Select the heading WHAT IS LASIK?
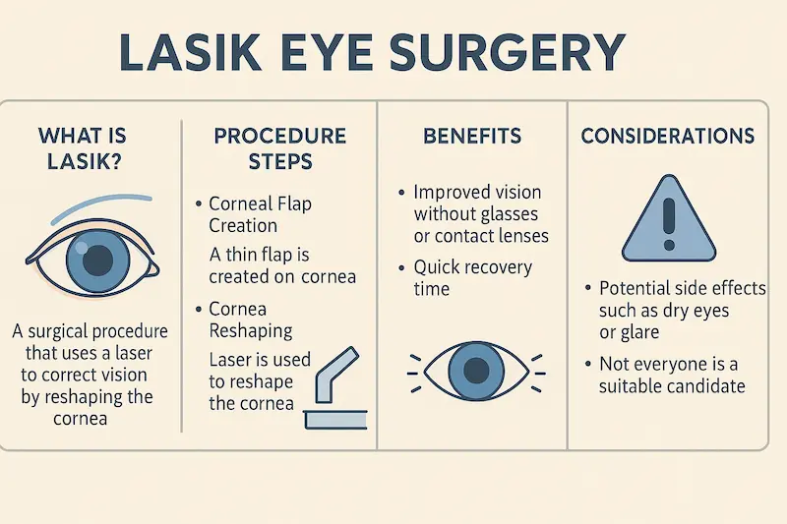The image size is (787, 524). point(83,148)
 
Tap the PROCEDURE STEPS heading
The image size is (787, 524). point(280,147)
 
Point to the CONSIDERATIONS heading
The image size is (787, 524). point(668,136)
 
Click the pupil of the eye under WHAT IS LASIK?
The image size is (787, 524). point(96,262)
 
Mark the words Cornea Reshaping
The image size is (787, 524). point(251,320)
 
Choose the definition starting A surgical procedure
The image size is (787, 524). point(90,375)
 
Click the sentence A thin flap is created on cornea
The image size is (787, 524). point(282,265)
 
